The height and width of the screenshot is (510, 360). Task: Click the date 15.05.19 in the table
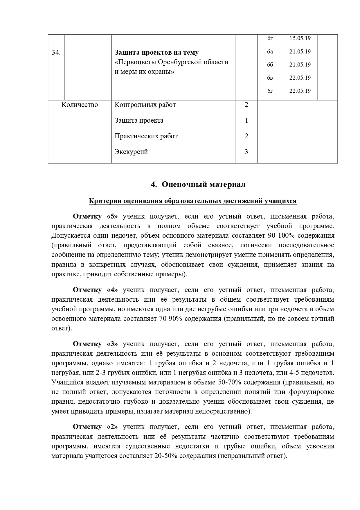[300, 38]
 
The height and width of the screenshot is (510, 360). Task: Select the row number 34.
[56, 53]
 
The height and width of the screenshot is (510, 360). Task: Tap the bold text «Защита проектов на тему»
[156, 53]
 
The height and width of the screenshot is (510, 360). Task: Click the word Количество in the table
[80, 105]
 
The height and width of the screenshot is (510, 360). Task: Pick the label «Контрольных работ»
[145, 105]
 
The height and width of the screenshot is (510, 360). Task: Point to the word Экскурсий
[131, 152]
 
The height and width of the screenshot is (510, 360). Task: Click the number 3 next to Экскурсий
[246, 152]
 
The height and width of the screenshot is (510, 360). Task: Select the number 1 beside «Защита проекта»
[246, 120]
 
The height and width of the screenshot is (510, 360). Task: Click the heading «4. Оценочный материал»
[198, 184]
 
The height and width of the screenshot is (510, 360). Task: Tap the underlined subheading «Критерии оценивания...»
[192, 201]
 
